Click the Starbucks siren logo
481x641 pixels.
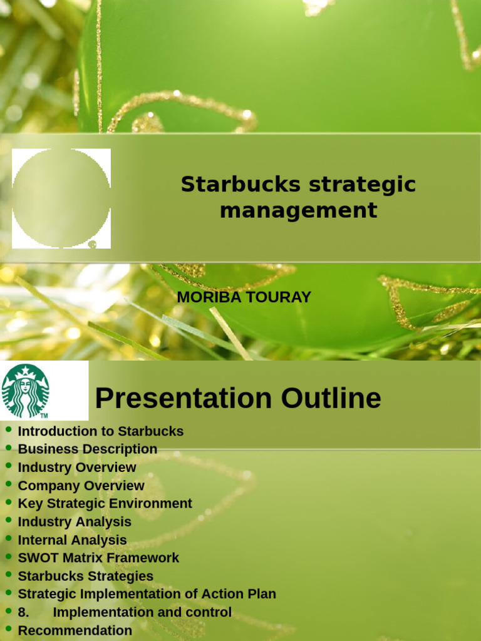click(25, 391)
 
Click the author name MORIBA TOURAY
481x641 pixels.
click(244, 297)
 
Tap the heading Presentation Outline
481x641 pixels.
click(237, 398)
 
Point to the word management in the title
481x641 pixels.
click(298, 210)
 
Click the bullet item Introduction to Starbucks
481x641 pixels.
click(100, 431)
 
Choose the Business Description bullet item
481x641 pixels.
click(87, 449)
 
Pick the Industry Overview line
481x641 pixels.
click(76, 468)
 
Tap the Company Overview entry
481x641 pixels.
click(81, 486)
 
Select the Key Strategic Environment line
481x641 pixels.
click(105, 504)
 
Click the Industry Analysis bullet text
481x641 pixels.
click(75, 522)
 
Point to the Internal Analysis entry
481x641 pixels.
click(72, 540)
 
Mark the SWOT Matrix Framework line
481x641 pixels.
click(98, 558)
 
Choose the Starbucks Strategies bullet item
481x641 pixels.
click(85, 576)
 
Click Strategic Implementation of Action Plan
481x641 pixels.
click(147, 594)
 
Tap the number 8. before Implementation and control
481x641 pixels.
click(24, 612)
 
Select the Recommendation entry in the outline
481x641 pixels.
click(75, 630)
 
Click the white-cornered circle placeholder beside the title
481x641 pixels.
click(61, 198)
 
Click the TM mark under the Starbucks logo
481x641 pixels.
click(44, 416)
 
